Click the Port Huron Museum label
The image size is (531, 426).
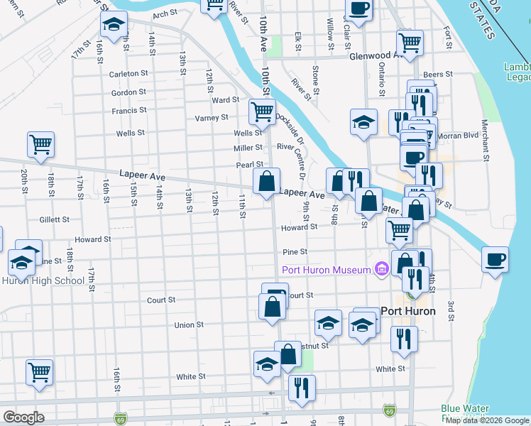(x=326, y=270)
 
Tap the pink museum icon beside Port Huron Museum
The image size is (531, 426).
(x=381, y=269)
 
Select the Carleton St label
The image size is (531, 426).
(x=128, y=73)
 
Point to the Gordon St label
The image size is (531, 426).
(x=128, y=92)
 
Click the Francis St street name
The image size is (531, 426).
(x=128, y=111)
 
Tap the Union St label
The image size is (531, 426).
(x=189, y=324)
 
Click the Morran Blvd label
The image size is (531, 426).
(x=461, y=136)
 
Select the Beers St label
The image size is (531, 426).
(x=438, y=75)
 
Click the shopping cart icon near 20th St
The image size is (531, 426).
(x=41, y=144)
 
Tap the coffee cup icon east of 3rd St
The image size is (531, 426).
(x=495, y=259)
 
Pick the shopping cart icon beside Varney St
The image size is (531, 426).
(x=262, y=111)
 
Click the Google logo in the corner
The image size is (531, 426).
(x=23, y=417)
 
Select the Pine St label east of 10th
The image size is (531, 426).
(x=295, y=251)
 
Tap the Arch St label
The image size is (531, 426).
(x=164, y=13)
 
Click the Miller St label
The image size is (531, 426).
(x=248, y=148)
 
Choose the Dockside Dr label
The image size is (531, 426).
(x=290, y=128)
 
